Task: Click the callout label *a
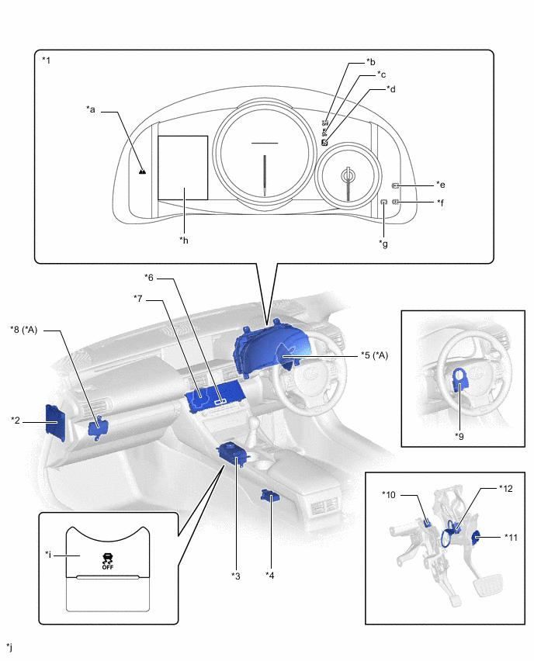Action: [x=91, y=110]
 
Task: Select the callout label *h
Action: [x=184, y=240]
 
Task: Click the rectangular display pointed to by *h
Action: [x=182, y=168]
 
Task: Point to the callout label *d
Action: [x=392, y=89]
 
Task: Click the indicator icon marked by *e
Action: [x=396, y=186]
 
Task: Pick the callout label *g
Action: [x=383, y=244]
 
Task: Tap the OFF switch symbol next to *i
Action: [x=107, y=560]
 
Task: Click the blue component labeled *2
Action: [x=56, y=421]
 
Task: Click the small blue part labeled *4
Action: [x=271, y=496]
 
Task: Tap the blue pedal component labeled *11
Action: [x=477, y=537]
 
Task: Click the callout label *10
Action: [x=389, y=494]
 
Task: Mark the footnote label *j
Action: [x=9, y=646]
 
